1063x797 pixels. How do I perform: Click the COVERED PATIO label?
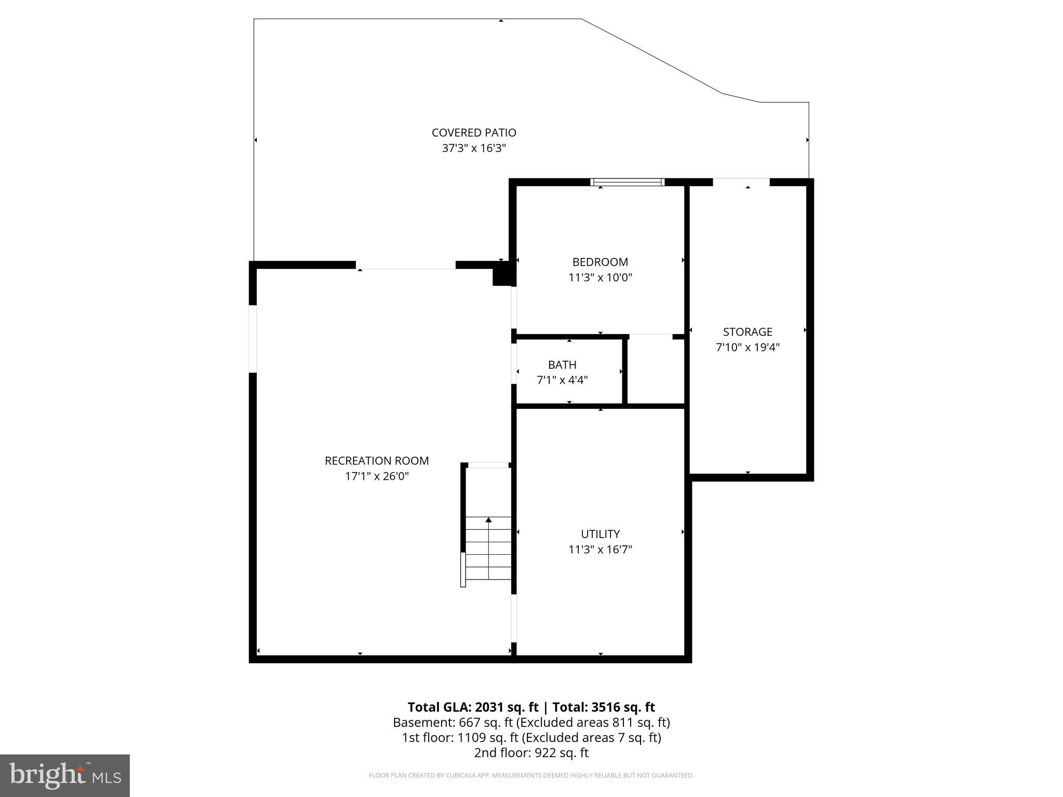[473, 133]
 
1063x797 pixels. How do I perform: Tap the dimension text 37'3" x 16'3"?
[473, 148]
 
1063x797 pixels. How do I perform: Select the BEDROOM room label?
[600, 262]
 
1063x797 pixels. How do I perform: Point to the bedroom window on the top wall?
[627, 182]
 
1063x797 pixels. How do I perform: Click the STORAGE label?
[747, 332]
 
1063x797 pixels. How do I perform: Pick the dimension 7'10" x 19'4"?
[747, 347]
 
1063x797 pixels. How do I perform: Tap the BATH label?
[562, 365]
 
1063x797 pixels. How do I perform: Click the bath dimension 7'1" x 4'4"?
[562, 380]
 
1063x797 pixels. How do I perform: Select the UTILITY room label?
[600, 534]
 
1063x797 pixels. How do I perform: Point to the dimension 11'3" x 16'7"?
[600, 549]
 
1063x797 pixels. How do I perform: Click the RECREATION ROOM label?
[377, 461]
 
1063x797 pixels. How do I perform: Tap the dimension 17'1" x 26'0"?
[377, 476]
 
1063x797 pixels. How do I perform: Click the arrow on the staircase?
[488, 520]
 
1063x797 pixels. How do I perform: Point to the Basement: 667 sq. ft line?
[531, 722]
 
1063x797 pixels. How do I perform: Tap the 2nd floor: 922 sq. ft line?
[531, 752]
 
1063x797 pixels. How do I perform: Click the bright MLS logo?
[65, 775]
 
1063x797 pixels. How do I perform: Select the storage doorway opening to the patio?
[741, 182]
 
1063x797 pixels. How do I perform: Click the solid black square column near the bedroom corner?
[501, 274]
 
